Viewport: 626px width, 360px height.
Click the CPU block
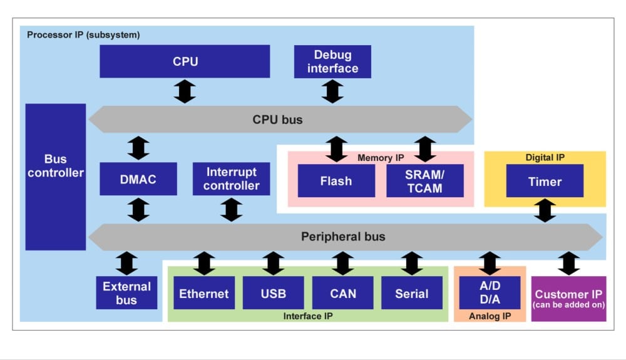tap(185, 61)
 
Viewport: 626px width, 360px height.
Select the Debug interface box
tap(332, 61)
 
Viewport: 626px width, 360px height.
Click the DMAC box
tap(138, 179)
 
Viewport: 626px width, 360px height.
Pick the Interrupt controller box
tap(231, 179)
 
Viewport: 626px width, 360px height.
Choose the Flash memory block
tap(336, 181)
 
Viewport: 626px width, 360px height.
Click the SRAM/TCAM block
tap(425, 181)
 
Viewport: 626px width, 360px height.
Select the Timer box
tap(545, 182)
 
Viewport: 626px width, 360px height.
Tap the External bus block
tap(126, 293)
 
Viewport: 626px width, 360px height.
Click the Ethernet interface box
tap(204, 293)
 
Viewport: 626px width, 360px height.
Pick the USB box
tap(274, 293)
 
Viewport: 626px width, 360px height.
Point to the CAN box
tap(342, 293)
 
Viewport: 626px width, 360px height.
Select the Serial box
tap(411, 293)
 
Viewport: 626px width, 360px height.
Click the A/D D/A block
tap(489, 292)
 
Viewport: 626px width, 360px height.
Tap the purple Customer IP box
tap(568, 299)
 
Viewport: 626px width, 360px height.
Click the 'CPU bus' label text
tap(277, 119)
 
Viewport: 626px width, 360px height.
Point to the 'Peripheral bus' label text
tap(343, 237)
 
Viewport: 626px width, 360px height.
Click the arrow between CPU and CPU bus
tap(185, 91)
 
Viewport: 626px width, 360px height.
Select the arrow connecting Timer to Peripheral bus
tap(545, 210)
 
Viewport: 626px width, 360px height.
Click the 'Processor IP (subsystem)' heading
tap(83, 35)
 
